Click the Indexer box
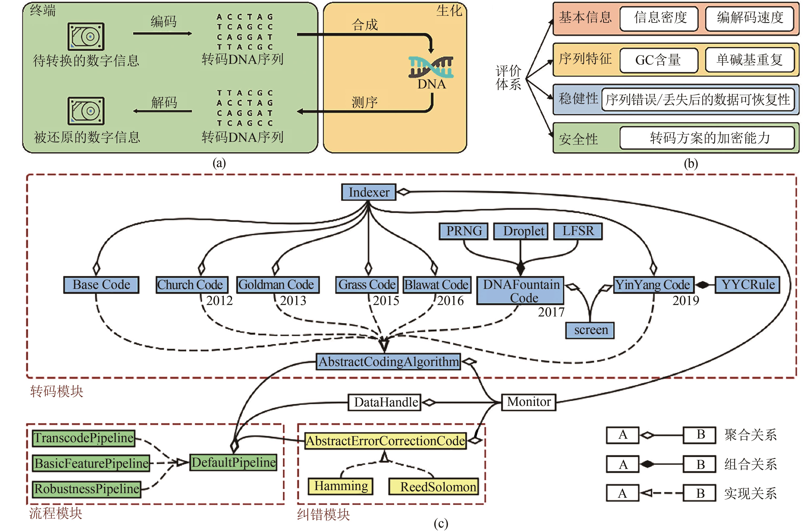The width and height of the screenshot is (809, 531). coord(369,192)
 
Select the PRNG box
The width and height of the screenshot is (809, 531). coord(464,231)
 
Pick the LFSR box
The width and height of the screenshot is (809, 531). coord(578,231)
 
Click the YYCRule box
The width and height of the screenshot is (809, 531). coord(748,285)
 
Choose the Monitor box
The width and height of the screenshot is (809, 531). coord(529,402)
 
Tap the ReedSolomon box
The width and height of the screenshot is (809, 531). coord(434,487)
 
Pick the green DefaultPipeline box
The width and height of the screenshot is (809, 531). coord(233,463)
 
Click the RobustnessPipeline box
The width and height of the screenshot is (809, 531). coord(87,489)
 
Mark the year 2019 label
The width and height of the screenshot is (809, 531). coord(686,301)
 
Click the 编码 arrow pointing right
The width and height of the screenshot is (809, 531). coord(163,34)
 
